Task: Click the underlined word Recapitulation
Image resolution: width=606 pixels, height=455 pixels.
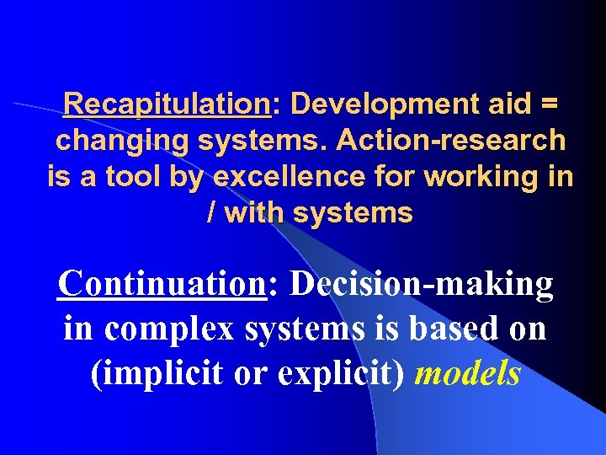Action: point(166,104)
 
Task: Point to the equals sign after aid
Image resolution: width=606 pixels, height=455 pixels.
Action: point(547,104)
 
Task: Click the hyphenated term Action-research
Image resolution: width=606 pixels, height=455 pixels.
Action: point(451,141)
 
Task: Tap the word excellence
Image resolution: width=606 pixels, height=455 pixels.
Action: point(282,177)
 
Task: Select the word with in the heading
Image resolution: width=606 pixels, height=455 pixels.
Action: point(252,213)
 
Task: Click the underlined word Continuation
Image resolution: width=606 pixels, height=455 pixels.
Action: point(161,285)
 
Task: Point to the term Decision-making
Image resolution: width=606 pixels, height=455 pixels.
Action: point(422,285)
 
